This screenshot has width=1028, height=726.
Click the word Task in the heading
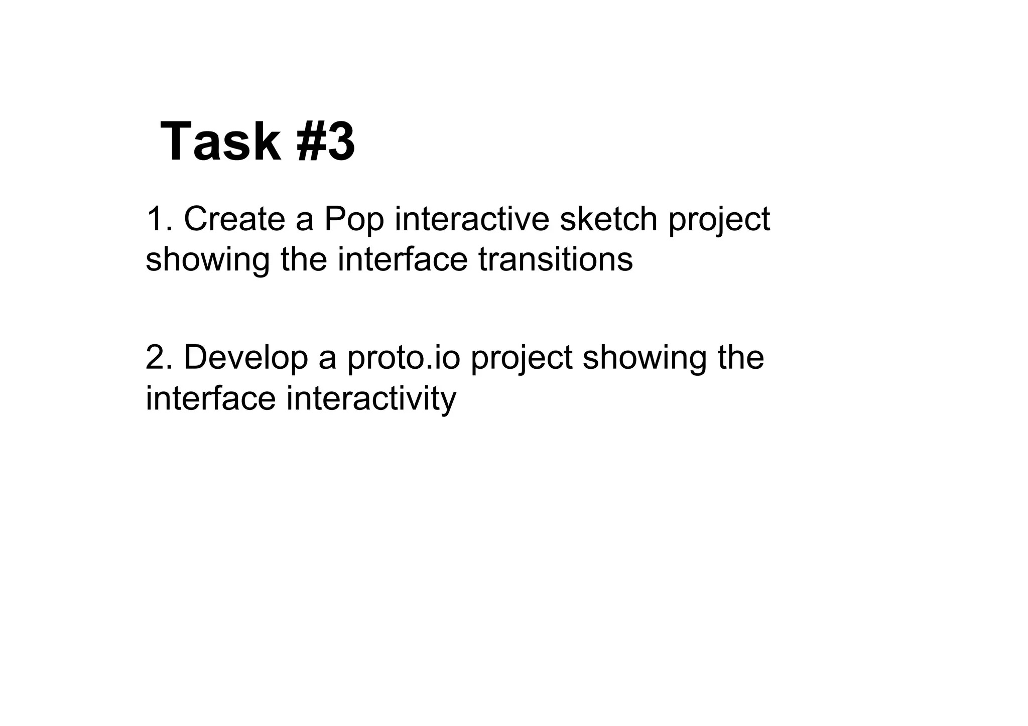click(x=220, y=142)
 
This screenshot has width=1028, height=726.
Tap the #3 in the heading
click(x=326, y=142)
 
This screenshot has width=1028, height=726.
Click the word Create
click(x=234, y=219)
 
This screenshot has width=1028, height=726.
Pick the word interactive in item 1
click(x=472, y=219)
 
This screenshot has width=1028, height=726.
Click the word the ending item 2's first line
click(x=741, y=357)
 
